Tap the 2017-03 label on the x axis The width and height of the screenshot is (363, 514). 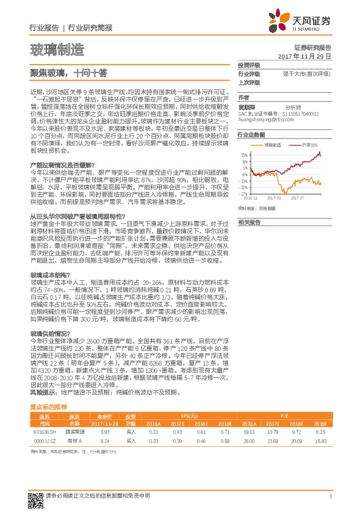click(275, 198)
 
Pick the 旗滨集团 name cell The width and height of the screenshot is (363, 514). click(74, 413)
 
